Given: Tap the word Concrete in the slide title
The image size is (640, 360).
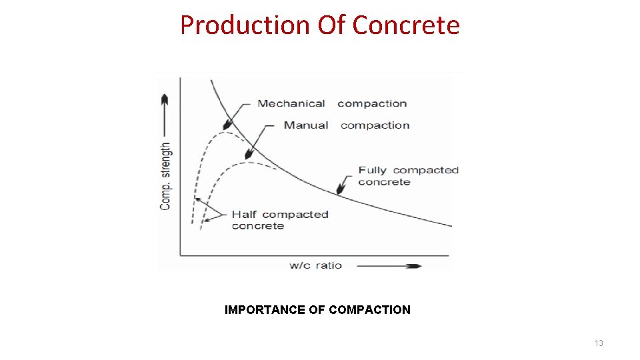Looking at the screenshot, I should click(406, 25).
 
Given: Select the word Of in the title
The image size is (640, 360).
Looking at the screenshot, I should click(331, 25).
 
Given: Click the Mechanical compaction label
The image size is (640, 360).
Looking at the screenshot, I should click(332, 103).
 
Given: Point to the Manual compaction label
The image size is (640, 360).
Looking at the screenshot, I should click(347, 125).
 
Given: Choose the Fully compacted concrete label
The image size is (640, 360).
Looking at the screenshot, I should click(408, 176).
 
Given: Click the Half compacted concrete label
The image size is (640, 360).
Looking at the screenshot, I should click(279, 220).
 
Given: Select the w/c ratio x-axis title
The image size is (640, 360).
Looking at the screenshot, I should click(315, 265).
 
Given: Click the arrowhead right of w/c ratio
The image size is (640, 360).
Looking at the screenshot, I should click(414, 266).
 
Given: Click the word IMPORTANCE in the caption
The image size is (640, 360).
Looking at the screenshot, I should click(265, 310).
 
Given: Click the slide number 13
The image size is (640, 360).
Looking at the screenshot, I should click(599, 343).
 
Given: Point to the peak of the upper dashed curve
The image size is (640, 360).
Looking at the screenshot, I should click(223, 132).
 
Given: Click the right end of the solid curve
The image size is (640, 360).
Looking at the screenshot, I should click(451, 225).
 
